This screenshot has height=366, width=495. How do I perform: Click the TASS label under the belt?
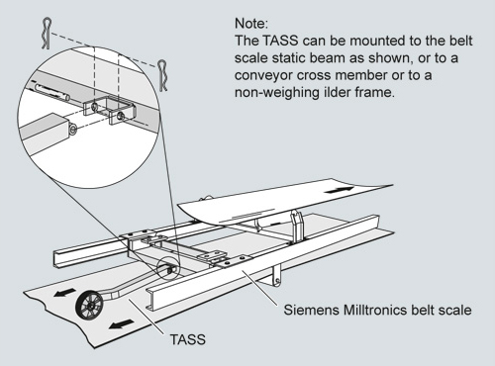pos(188,339)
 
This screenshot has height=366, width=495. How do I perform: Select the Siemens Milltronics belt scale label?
pos(377,310)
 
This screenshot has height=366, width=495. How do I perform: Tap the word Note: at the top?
pos(251,24)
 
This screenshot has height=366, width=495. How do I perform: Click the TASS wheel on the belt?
pos(89,305)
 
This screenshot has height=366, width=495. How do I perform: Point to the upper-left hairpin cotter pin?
pos(48,34)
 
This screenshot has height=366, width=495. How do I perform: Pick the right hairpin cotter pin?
pos(162,75)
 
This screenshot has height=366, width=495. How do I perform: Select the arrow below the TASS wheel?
pos(121,324)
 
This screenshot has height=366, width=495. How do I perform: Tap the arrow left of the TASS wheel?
pos(64,293)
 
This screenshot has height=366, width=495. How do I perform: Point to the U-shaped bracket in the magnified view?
pos(110,110)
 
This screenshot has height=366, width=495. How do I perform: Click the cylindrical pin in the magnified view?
pos(52,91)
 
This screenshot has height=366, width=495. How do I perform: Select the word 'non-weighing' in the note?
pos(275,93)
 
